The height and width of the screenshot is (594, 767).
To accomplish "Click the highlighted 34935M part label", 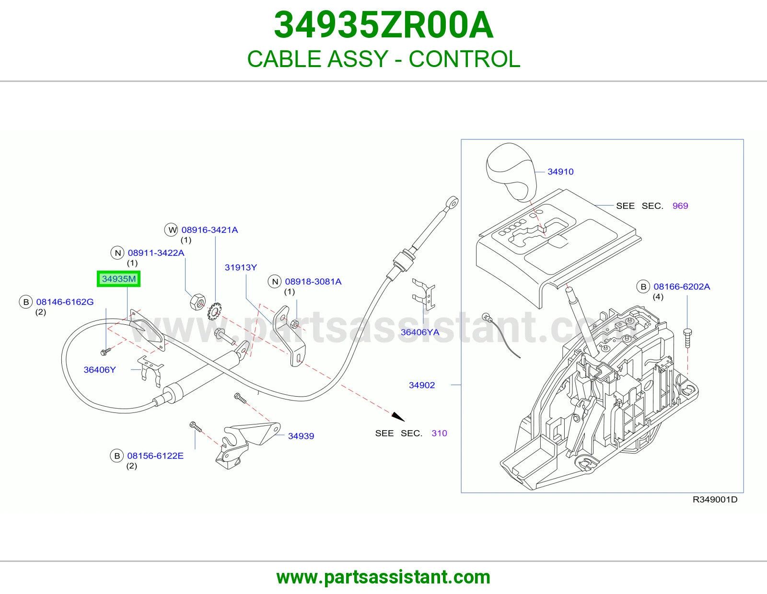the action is [x=118, y=279].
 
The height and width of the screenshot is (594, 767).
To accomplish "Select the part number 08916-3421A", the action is [x=209, y=230].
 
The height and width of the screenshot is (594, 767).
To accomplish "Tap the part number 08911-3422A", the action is [x=156, y=253].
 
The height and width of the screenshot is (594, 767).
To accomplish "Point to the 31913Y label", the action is [x=241, y=267].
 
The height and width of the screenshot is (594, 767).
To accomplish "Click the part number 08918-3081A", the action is [x=313, y=282].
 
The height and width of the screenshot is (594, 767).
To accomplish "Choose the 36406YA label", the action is [x=419, y=332].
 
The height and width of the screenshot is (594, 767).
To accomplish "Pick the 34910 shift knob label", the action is [x=560, y=172].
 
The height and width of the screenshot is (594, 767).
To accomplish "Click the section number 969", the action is [x=680, y=206].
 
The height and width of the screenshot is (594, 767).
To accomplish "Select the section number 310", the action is [x=439, y=433].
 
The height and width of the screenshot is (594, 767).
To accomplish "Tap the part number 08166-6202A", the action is [x=682, y=286].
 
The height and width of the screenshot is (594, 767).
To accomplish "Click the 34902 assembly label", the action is [x=422, y=385].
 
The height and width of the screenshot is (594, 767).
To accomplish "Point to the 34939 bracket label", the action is [x=301, y=436].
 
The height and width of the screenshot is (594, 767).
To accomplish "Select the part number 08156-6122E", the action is [x=155, y=456].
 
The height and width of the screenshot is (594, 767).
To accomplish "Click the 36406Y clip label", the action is [x=100, y=370].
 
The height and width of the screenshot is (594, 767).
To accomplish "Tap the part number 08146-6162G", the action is [x=65, y=302].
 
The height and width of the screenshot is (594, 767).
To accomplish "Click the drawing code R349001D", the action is [x=715, y=500].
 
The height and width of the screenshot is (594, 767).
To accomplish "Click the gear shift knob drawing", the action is [x=511, y=172].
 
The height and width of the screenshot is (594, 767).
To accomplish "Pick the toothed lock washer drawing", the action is [x=214, y=311].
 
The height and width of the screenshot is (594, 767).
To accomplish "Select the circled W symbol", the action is [x=172, y=230].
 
